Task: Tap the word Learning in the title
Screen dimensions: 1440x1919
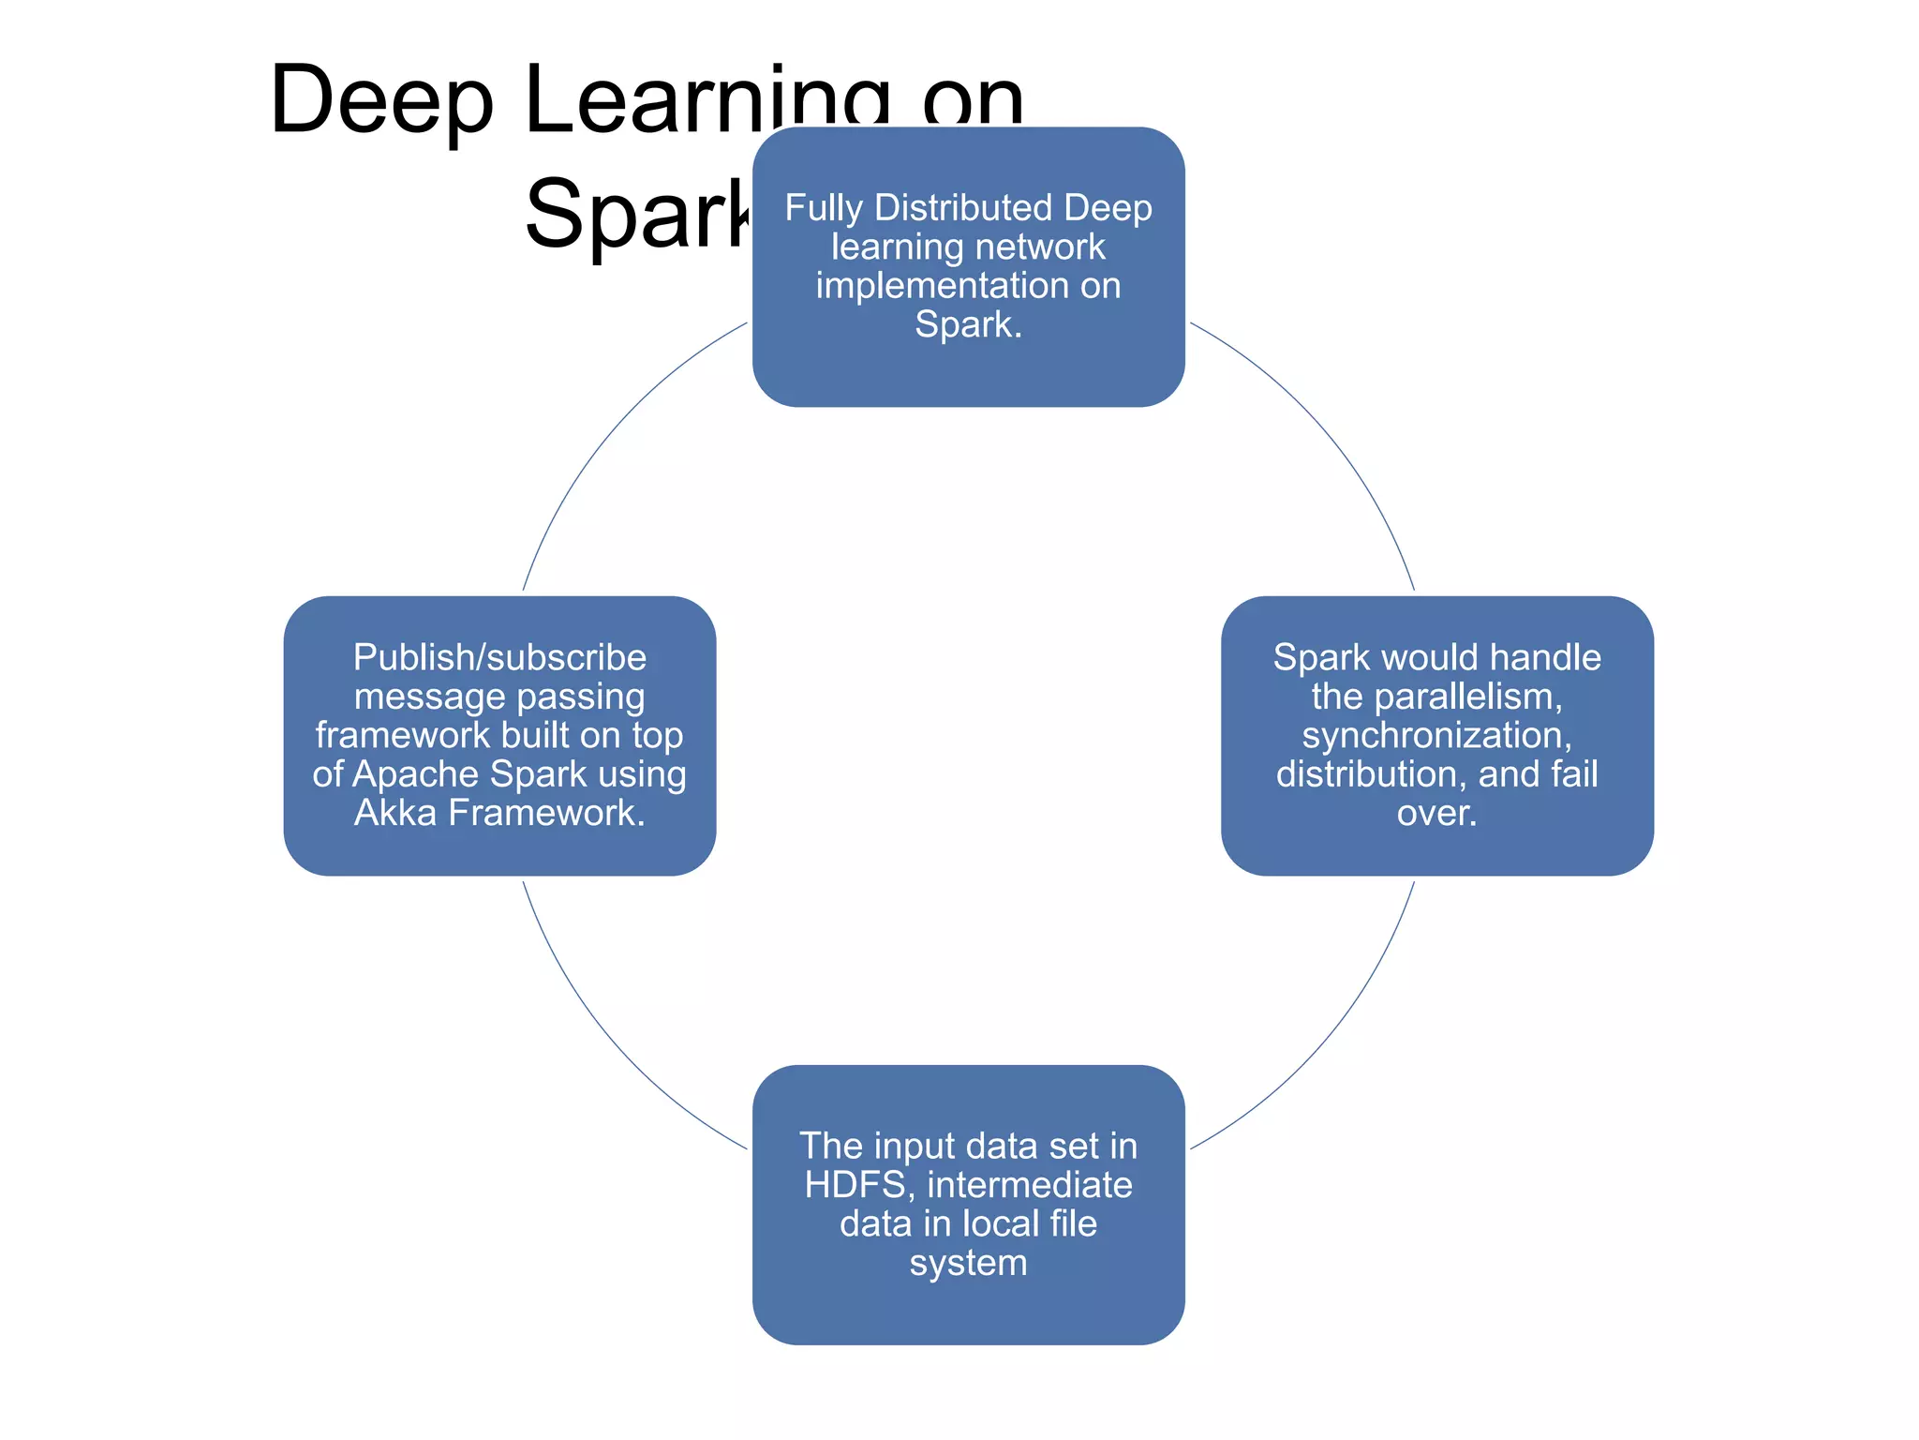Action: pyautogui.click(x=707, y=101)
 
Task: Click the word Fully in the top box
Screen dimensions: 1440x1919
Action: pyautogui.click(x=824, y=208)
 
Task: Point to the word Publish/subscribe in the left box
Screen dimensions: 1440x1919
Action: pyautogui.click(x=499, y=658)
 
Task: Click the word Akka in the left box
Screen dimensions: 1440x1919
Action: pyautogui.click(x=394, y=813)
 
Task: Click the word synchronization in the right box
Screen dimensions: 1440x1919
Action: pyautogui.click(x=1436, y=736)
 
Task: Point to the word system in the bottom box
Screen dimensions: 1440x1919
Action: pyautogui.click(x=968, y=1263)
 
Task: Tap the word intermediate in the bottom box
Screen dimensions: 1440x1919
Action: pyautogui.click(x=1030, y=1185)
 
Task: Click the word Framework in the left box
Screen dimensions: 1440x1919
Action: pyautogui.click(x=546, y=813)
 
